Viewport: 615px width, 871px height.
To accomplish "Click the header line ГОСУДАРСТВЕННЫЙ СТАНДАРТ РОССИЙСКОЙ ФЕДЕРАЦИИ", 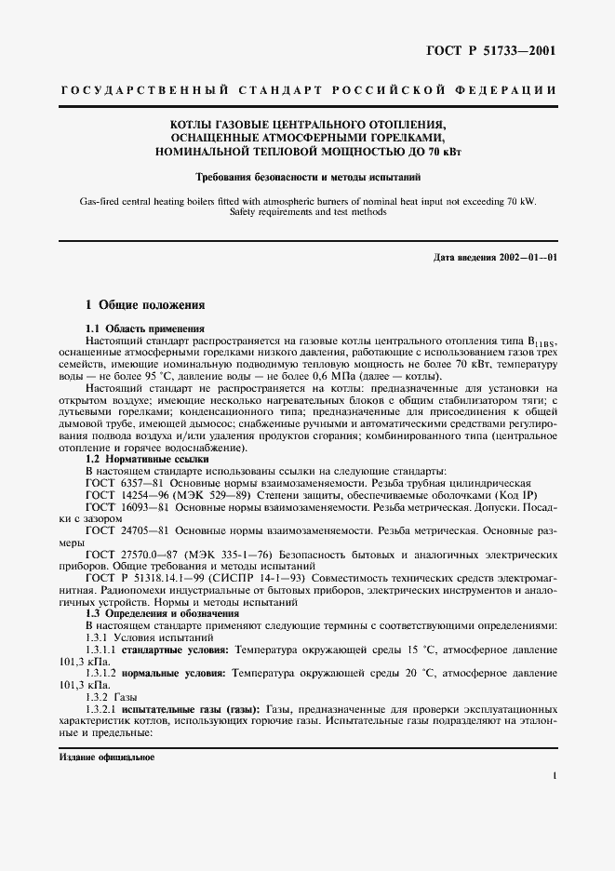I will pos(307,90).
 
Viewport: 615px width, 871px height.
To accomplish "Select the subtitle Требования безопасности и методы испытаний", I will pos(307,176).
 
